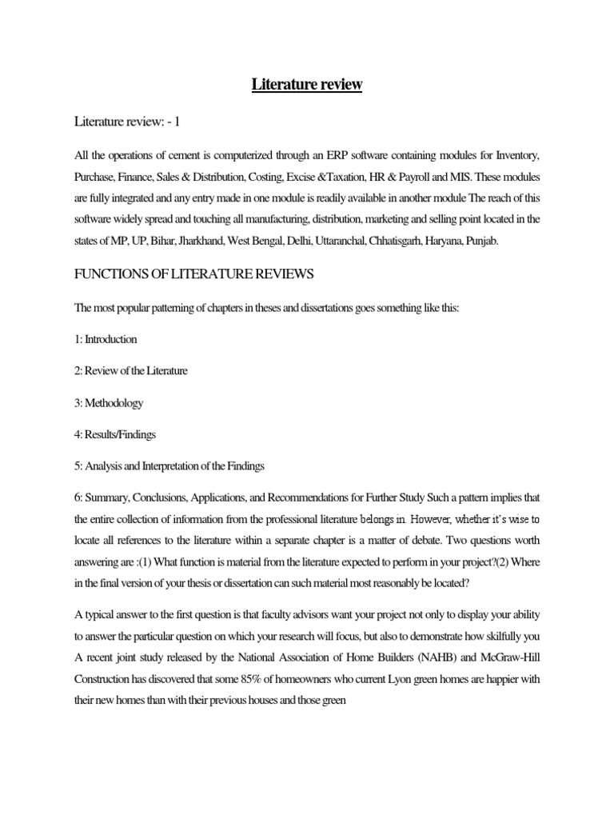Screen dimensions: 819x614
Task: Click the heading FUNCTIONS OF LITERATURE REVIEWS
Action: point(194,274)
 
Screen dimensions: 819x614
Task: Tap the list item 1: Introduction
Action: point(106,338)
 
